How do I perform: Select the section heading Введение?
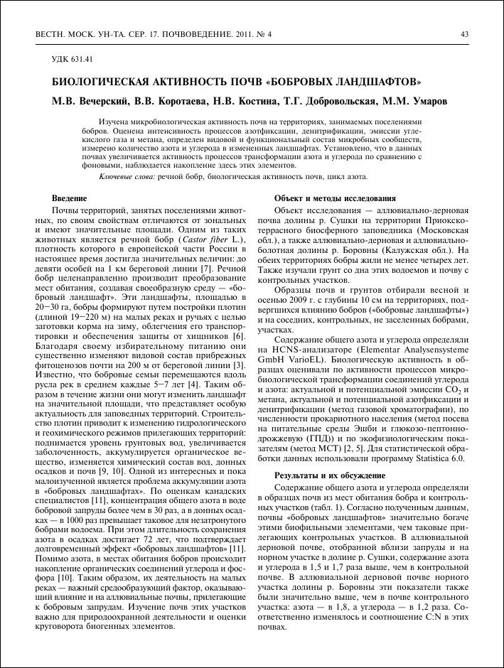coord(69,197)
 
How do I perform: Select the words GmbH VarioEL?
coord(289,360)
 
